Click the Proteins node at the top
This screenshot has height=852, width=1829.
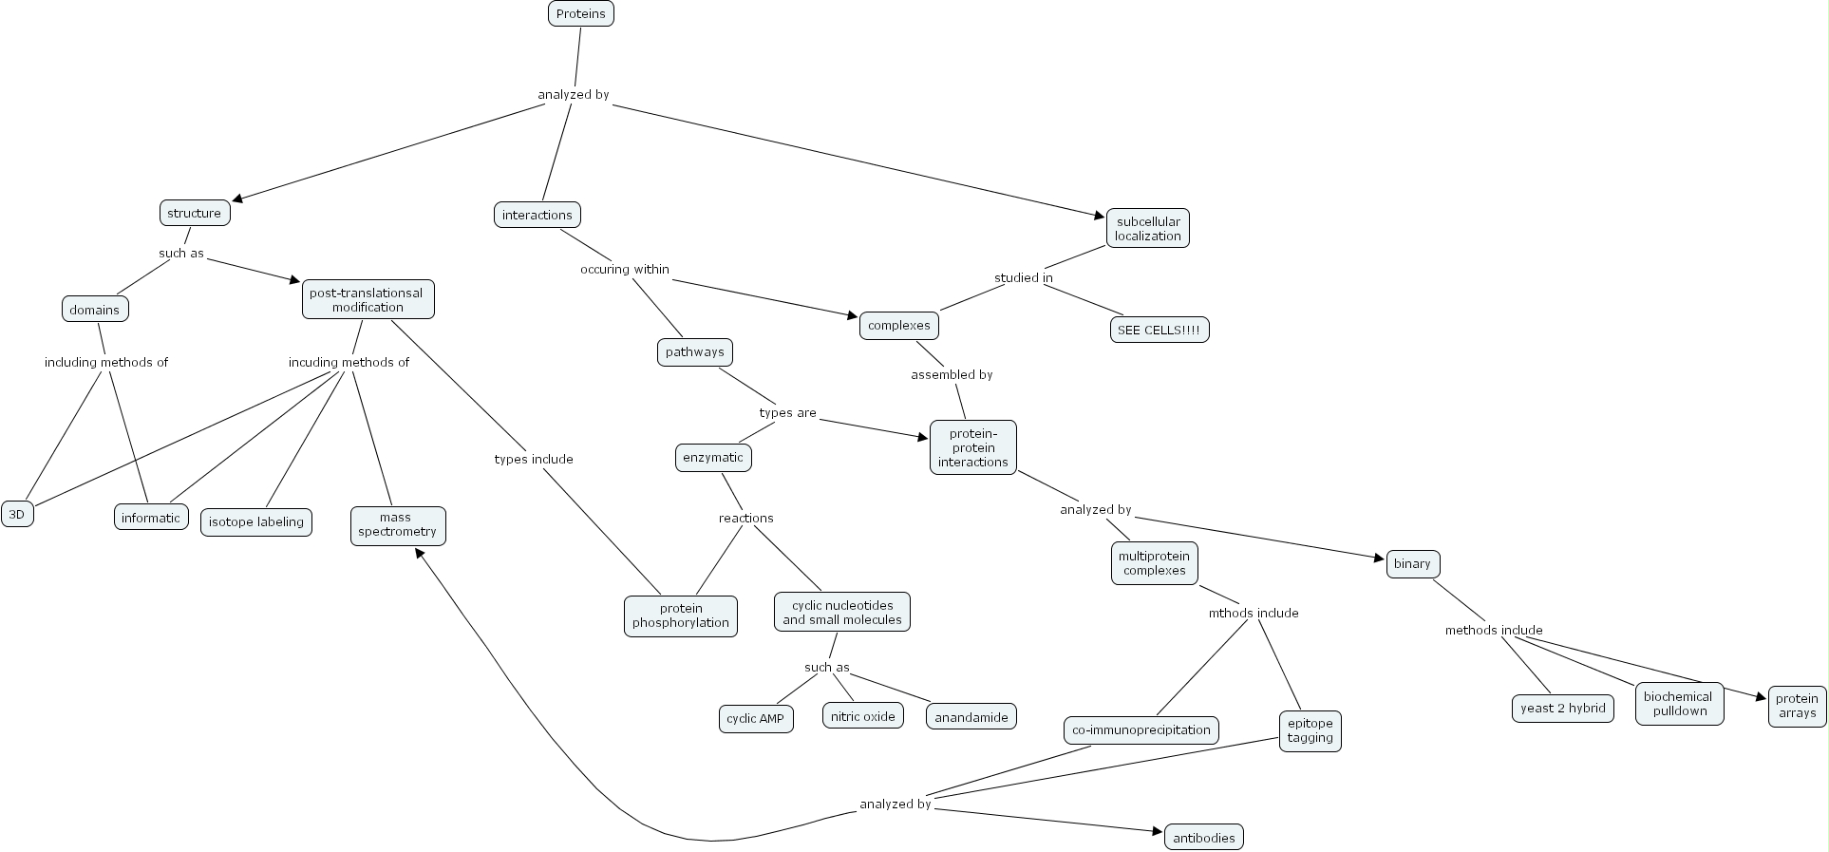pyautogui.click(x=581, y=13)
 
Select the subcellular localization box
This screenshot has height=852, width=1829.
pyautogui.click(x=1147, y=229)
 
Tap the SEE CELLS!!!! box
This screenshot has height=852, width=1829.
pyautogui.click(x=1159, y=330)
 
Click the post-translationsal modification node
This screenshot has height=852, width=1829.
pyautogui.click(x=368, y=299)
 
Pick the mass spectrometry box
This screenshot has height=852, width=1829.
pyautogui.click(x=398, y=525)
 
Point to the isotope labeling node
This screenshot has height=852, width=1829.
pyautogui.click(x=256, y=521)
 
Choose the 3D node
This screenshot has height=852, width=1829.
pyautogui.click(x=17, y=514)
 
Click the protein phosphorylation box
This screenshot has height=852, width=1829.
pyautogui.click(x=681, y=615)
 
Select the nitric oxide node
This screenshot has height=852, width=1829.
pyautogui.click(x=862, y=716)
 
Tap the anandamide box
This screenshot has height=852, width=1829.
pyautogui.click(x=971, y=717)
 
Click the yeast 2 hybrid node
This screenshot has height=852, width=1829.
pyautogui.click(x=1562, y=708)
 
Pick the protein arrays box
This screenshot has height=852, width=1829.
pyautogui.click(x=1797, y=706)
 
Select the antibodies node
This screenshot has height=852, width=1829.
pyautogui.click(x=1203, y=838)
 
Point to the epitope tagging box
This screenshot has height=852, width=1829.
pyautogui.click(x=1310, y=730)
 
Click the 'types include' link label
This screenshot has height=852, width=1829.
pyautogui.click(x=534, y=459)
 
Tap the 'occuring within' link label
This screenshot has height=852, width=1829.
pyautogui.click(x=625, y=269)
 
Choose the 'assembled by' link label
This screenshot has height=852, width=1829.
pyautogui.click(x=952, y=374)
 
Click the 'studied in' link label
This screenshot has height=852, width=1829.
pyautogui.click(x=1023, y=277)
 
